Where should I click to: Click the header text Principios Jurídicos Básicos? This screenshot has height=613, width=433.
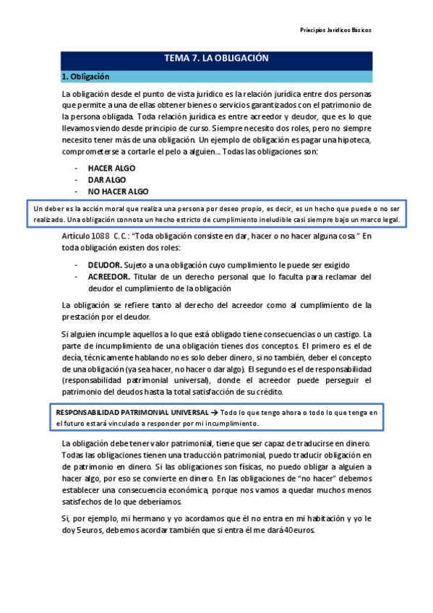(335, 30)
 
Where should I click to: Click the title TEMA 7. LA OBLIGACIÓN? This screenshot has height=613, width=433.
(216, 59)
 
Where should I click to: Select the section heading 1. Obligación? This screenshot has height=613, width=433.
(85, 76)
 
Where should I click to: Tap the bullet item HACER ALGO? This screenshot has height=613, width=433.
(111, 168)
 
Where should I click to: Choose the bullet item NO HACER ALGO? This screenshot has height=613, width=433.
(119, 192)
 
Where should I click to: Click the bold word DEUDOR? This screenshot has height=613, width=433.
(104, 265)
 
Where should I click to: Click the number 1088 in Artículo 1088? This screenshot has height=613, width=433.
(100, 236)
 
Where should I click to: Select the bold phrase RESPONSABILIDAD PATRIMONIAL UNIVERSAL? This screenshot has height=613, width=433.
(124, 413)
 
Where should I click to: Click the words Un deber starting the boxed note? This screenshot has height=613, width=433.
(46, 209)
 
